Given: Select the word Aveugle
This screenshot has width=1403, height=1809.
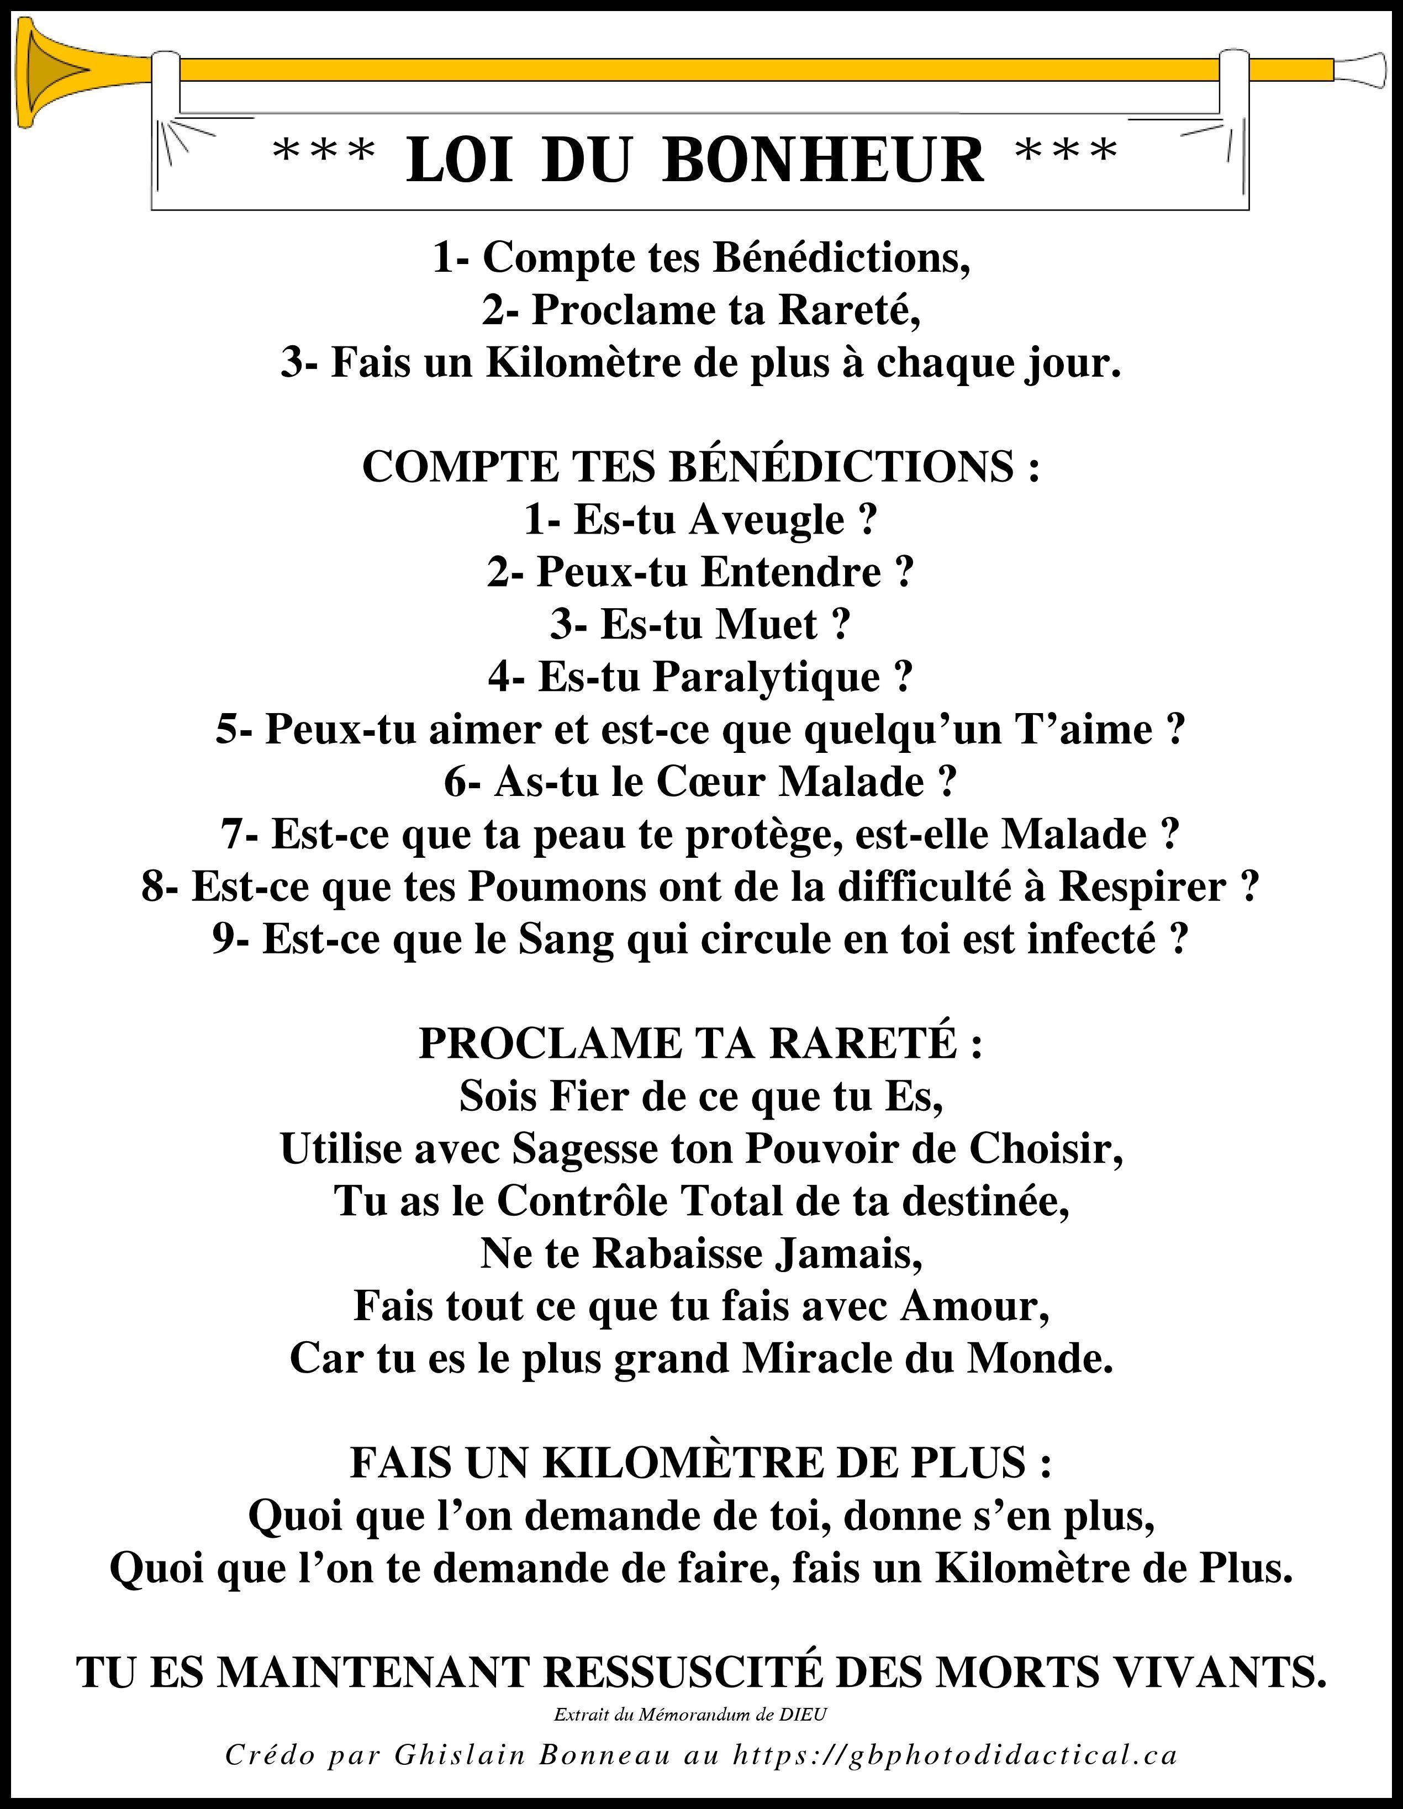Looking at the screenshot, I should (x=766, y=520).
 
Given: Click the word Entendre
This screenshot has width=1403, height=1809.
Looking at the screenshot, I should (x=791, y=572).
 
